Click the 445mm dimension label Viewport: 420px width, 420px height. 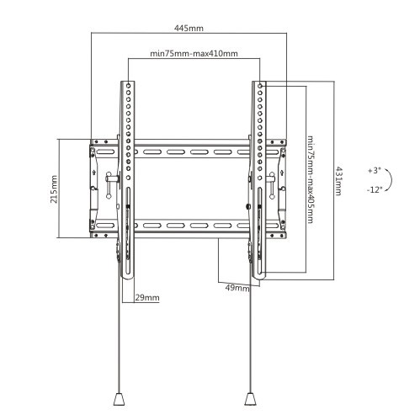[189, 29]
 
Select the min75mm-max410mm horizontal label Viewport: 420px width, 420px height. [194, 53]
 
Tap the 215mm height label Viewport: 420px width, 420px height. [54, 189]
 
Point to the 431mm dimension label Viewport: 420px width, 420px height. [338, 181]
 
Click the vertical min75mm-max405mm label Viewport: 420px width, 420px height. [310, 179]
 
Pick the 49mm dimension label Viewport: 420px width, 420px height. [237, 288]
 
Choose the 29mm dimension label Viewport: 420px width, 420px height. [147, 298]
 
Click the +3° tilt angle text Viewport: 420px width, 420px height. [375, 171]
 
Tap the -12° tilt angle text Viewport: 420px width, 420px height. [375, 190]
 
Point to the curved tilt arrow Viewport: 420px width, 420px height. [391, 179]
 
